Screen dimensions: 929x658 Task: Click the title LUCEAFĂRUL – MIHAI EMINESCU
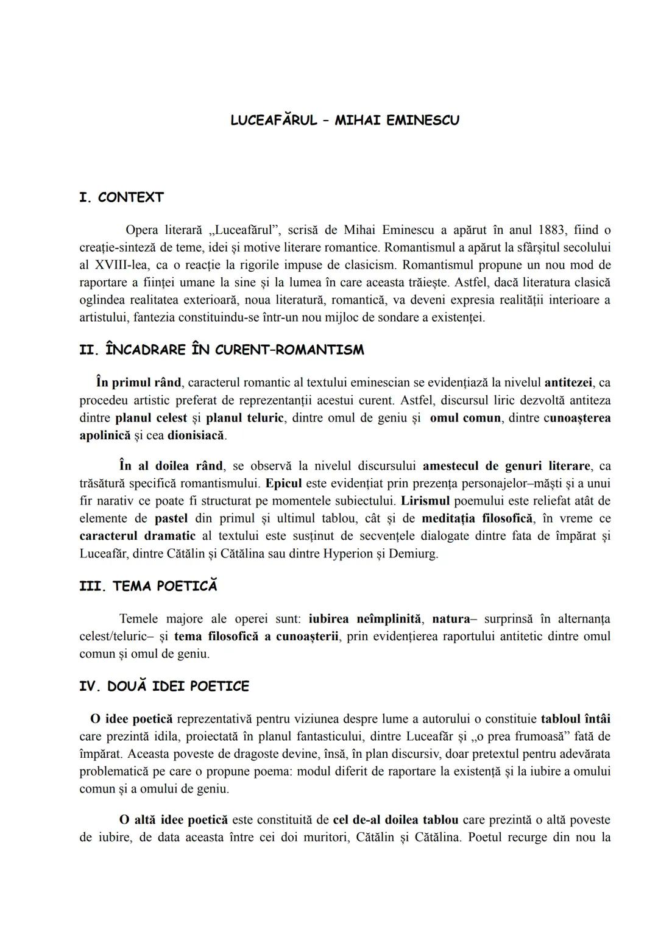pos(345,120)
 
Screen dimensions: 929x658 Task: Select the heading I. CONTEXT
pos(121,197)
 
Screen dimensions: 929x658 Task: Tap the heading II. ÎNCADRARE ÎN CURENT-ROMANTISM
pos(222,350)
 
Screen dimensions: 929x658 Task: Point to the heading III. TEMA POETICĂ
pos(148,586)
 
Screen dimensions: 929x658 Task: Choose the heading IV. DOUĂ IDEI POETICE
pos(164,686)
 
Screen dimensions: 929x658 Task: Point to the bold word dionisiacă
pos(196,436)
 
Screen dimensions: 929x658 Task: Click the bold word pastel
pos(171,518)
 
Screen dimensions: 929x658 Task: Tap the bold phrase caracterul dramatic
pos(138,536)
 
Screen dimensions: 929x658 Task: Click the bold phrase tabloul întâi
pos(575,718)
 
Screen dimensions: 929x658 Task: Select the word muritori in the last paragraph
pos(347,837)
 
